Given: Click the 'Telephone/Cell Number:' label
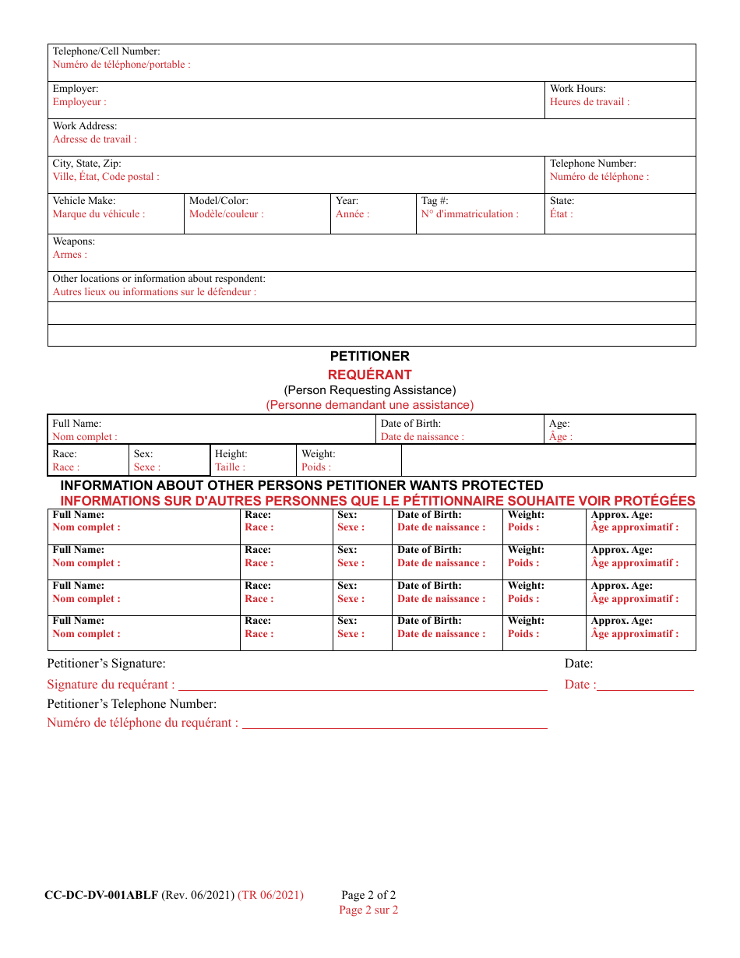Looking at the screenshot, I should point(106,51).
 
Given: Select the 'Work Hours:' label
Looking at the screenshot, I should point(577,89).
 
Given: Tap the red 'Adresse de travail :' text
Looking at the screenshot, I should point(94,139).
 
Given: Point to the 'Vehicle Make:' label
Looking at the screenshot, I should point(83,201).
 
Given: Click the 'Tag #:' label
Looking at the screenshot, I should point(435,201).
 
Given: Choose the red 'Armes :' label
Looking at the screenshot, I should point(69,255).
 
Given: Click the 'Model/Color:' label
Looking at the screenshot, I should point(219,201).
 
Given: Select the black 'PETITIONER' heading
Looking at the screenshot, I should point(369,356).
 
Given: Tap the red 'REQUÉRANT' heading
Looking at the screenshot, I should point(369,375).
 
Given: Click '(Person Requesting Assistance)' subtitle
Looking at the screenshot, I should point(369,390).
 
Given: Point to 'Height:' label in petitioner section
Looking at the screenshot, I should point(231,454).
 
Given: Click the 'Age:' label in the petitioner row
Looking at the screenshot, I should point(559,424).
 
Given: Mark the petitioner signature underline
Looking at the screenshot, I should point(363,689).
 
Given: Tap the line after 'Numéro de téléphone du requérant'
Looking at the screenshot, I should point(395,727).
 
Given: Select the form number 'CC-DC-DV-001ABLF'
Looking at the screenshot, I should point(101,895).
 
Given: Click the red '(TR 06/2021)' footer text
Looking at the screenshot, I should point(270,895).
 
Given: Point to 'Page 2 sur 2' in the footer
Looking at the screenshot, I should point(368,910).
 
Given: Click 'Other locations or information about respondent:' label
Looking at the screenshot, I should point(159,279).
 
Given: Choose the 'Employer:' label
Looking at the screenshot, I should point(75,89).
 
